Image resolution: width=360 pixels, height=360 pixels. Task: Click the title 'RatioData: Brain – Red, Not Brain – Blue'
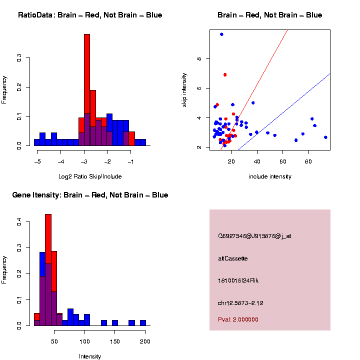90,15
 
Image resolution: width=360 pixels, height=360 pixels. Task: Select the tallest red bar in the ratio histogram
87,75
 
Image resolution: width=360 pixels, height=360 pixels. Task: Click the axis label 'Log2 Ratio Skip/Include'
90,176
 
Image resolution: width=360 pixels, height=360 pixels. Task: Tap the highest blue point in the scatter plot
221,34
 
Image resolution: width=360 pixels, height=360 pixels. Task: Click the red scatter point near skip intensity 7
225,75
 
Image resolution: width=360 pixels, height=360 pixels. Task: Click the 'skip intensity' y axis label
185,89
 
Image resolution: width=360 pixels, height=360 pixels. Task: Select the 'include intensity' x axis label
270,176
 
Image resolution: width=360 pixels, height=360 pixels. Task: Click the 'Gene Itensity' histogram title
90,195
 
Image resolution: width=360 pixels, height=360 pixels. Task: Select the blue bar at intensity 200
143,323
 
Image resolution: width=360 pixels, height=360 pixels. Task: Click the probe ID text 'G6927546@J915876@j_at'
254,236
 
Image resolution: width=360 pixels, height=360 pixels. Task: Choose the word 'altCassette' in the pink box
233,258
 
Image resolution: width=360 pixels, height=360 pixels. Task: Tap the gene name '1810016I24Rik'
238,280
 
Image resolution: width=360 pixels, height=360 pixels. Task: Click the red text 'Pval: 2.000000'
238,319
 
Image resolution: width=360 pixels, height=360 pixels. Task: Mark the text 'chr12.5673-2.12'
240,303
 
